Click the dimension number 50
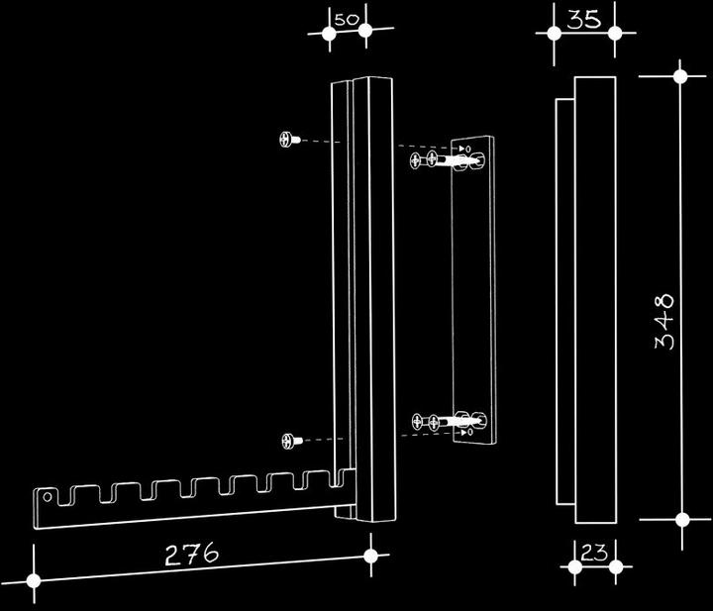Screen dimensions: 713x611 347,20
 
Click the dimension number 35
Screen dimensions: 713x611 584,20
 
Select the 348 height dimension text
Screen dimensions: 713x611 664,322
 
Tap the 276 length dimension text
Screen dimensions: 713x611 191,554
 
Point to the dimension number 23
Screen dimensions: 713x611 594,553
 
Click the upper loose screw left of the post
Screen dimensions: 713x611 289,139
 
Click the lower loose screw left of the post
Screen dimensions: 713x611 292,441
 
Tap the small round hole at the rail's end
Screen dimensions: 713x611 47,497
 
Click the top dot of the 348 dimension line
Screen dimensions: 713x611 680,76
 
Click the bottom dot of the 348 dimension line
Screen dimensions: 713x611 682,519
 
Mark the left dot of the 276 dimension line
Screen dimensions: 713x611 34,580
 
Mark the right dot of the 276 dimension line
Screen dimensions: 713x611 371,556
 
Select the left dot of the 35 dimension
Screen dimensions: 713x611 554,34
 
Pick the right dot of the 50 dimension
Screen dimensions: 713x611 365,31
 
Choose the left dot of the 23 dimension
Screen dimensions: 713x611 574,566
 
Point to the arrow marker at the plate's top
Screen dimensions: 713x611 465,149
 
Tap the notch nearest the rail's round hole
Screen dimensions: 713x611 64,496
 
